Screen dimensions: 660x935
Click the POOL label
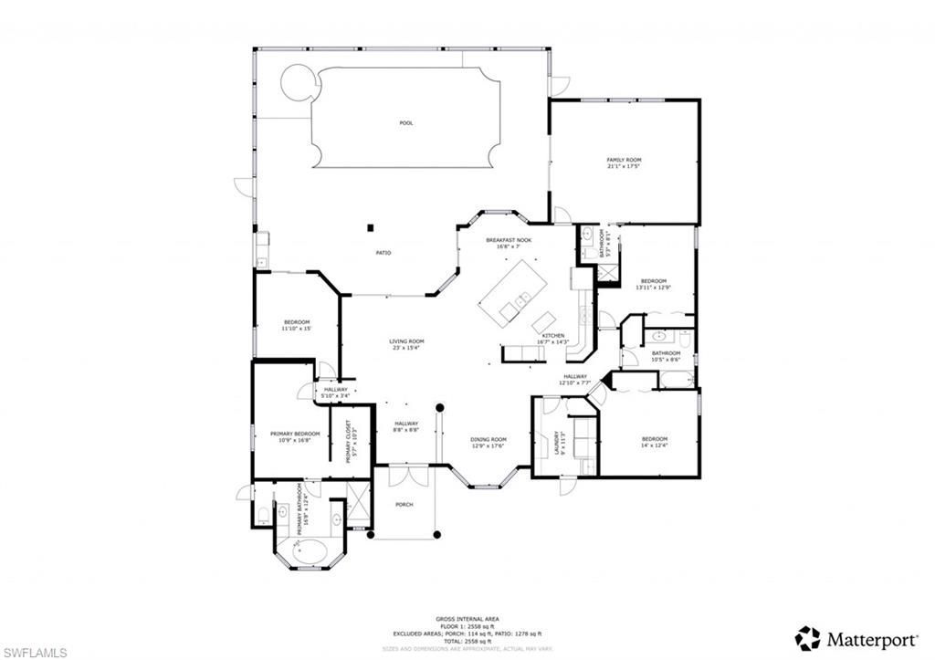(406, 122)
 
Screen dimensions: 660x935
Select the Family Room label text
(624, 162)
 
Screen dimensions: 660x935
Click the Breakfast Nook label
(514, 243)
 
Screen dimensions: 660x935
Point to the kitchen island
(512, 290)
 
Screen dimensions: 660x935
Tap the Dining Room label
(489, 443)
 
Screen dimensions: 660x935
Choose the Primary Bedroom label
(295, 436)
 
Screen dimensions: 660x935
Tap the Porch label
(404, 504)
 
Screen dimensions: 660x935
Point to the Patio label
(384, 253)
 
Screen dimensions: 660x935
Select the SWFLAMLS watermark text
(35, 651)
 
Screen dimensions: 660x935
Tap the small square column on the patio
(371, 227)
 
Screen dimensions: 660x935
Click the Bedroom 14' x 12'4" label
(654, 442)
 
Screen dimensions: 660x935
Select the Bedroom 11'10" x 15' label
(297, 325)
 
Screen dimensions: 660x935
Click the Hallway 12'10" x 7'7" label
(574, 379)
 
